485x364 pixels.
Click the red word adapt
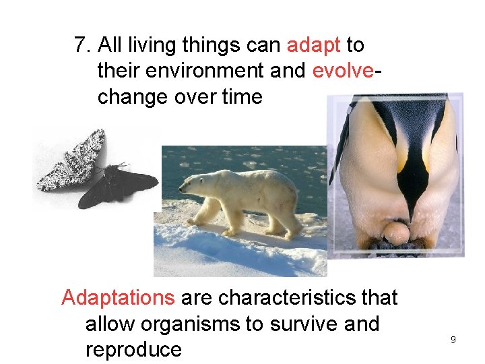click(314, 45)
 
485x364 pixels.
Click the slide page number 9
click(453, 340)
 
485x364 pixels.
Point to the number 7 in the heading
click(81, 45)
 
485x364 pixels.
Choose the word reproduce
click(133, 350)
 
